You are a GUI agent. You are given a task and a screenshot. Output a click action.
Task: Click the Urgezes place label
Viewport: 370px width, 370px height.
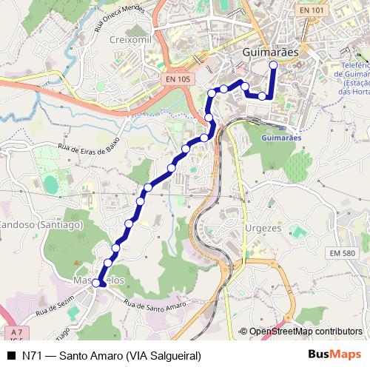(x=263, y=228)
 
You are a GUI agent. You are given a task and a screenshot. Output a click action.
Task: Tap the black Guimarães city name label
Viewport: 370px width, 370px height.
(x=270, y=53)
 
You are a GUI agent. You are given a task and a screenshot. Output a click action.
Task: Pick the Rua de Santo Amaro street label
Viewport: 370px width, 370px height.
(x=154, y=305)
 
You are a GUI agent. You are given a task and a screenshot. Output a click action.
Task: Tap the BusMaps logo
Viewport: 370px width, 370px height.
(x=335, y=354)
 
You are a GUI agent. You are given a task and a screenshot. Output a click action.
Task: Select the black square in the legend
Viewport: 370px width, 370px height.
(x=10, y=355)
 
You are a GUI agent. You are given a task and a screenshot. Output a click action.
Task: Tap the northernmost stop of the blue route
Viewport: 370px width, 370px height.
(x=273, y=65)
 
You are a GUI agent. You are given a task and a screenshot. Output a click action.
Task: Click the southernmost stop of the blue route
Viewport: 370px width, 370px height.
(x=95, y=283)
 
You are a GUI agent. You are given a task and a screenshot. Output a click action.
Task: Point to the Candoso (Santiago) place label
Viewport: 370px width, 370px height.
(x=30, y=223)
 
